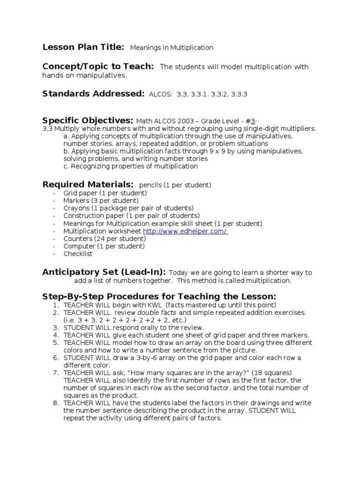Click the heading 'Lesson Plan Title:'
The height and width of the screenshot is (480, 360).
pyautogui.click(x=83, y=47)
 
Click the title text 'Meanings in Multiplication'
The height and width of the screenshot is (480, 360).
pyautogui.click(x=171, y=48)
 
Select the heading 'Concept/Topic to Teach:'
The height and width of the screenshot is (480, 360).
pyautogui.click(x=98, y=67)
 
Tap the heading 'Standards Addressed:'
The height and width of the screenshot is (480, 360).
pyautogui.click(x=93, y=94)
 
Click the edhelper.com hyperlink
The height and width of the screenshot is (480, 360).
pyautogui.click(x=185, y=232)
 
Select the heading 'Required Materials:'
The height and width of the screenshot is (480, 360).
pyautogui.click(x=88, y=185)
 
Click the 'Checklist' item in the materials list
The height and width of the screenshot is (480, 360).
pyautogui.click(x=78, y=254)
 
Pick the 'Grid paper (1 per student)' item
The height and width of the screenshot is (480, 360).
pyautogui.click(x=105, y=193)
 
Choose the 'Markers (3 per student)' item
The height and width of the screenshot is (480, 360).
pyautogui.click(x=101, y=201)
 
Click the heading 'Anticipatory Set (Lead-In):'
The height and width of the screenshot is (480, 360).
pyautogui.click(x=104, y=272)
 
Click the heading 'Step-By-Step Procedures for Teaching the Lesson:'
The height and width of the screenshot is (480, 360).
pyautogui.click(x=159, y=297)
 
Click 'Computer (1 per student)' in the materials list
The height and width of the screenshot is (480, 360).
pyautogui.click(x=104, y=247)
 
